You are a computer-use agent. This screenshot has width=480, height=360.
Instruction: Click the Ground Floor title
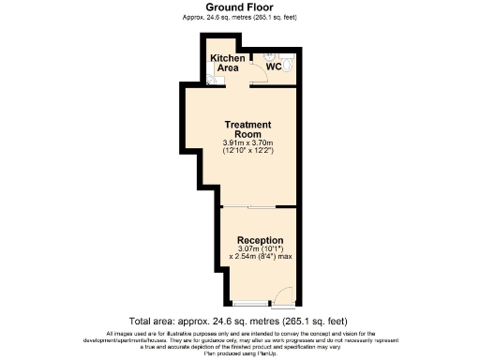240,8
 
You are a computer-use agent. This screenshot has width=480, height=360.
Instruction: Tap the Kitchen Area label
228,64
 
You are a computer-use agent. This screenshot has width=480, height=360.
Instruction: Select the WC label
274,67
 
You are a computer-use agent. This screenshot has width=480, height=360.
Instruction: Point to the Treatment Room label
247,129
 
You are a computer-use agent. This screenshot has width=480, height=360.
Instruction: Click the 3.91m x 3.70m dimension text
247,142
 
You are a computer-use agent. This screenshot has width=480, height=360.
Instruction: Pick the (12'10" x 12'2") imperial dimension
247,151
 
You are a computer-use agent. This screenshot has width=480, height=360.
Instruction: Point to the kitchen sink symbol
212,81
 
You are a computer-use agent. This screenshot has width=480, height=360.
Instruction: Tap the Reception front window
247,302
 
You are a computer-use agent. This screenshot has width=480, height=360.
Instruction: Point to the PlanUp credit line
240,352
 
